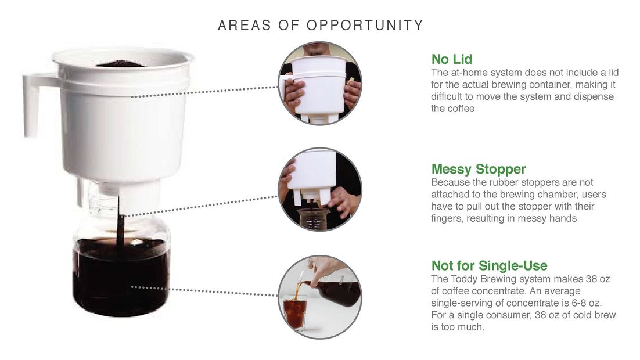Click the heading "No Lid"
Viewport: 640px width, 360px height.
coord(451,59)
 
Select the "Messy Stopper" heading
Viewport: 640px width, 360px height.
coord(479,169)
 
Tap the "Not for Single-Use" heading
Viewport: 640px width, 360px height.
coord(490,266)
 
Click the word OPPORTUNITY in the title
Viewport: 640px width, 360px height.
coord(365,26)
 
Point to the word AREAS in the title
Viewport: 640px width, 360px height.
coord(245,26)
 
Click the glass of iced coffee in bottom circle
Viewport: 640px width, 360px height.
coord(294,312)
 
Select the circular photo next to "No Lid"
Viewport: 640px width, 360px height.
coord(319,83)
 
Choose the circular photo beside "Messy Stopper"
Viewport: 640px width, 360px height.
coord(319,189)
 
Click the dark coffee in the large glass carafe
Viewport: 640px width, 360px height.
coord(121,278)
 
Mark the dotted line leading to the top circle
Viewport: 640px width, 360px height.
coord(204,92)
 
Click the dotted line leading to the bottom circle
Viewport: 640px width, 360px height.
coord(204,291)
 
